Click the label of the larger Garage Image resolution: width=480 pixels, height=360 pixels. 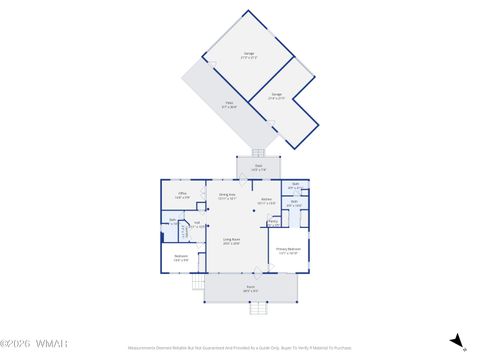(248, 54)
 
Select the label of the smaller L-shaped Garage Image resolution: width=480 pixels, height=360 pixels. (276, 96)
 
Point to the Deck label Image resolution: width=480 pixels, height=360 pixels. (258, 169)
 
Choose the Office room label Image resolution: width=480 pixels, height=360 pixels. (183, 194)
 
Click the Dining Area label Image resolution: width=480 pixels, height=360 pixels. (227, 196)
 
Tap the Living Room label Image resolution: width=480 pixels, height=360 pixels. (231, 241)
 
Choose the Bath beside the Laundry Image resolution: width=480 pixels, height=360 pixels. (172, 221)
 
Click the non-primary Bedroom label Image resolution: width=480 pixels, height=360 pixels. (181, 259)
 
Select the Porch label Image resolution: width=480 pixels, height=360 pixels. (250, 290)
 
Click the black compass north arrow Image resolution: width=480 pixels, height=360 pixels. (457, 342)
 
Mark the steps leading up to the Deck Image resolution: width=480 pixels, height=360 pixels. (258, 153)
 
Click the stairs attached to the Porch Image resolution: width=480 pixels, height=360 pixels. (197, 283)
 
